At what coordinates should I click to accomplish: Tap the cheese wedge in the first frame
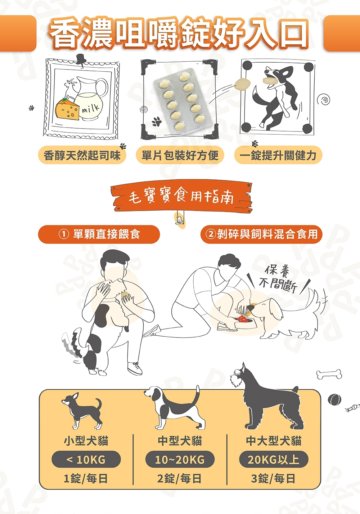[x=67, y=110]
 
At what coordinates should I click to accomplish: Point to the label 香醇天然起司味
[x=82, y=155]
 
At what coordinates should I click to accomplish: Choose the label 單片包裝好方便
[x=180, y=155]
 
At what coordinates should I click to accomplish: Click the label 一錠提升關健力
[x=278, y=155]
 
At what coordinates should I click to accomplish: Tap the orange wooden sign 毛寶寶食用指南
[x=181, y=197]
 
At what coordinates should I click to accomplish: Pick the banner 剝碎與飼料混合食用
[x=261, y=234]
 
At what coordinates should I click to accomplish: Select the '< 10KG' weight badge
[x=86, y=460]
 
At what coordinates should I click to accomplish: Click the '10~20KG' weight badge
[x=180, y=460]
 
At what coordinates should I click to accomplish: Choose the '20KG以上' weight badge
[x=274, y=460]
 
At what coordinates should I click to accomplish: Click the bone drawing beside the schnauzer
[x=329, y=374]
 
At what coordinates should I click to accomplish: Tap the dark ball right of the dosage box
[x=334, y=400]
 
